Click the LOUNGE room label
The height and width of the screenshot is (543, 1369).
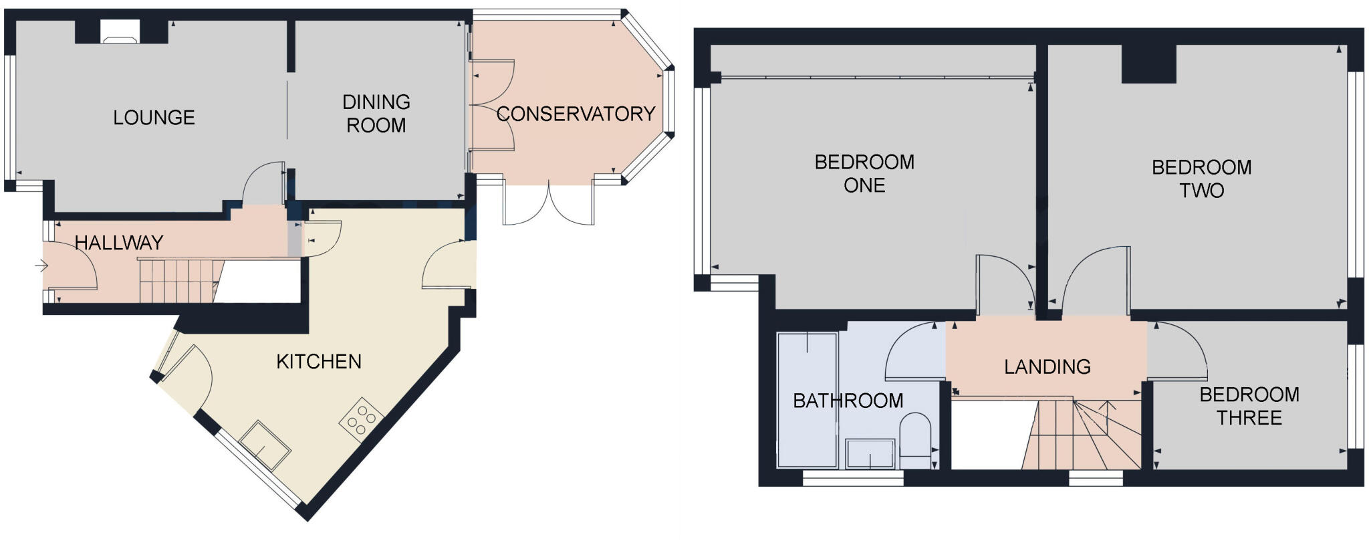(154, 118)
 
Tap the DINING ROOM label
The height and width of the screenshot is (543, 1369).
(376, 114)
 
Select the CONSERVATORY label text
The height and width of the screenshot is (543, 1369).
(576, 114)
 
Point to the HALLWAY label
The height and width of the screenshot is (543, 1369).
(119, 243)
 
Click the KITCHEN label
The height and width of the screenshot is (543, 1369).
(319, 362)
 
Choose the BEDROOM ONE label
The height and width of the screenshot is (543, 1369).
(864, 173)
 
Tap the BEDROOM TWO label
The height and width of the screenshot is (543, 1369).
(1201, 179)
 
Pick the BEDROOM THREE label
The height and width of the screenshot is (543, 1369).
(1249, 406)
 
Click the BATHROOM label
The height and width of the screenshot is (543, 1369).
(848, 401)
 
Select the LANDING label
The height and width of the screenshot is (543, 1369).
(1047, 366)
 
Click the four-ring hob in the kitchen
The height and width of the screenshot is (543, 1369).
(362, 420)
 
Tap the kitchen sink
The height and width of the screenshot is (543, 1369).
(265, 445)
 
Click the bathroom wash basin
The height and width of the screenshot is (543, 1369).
(870, 453)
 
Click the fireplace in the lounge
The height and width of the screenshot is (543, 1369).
(120, 31)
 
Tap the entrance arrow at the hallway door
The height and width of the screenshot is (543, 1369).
(41, 266)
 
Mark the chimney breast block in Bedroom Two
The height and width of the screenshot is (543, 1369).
(1148, 64)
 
